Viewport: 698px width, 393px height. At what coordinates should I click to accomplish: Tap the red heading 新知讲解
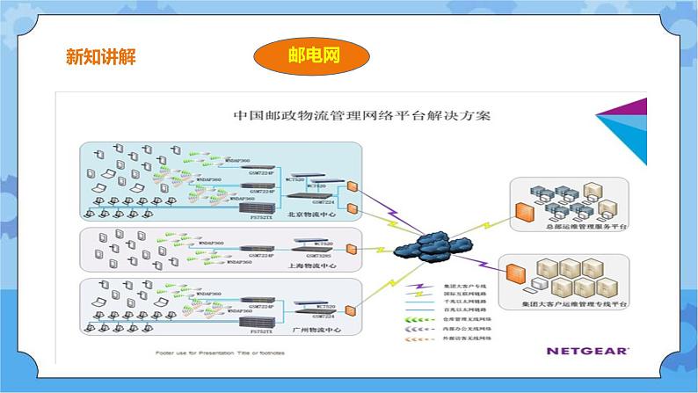tap(101, 57)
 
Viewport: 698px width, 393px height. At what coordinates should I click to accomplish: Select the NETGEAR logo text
tap(587, 350)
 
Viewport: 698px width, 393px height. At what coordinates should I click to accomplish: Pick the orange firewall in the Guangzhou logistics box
tap(351, 312)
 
